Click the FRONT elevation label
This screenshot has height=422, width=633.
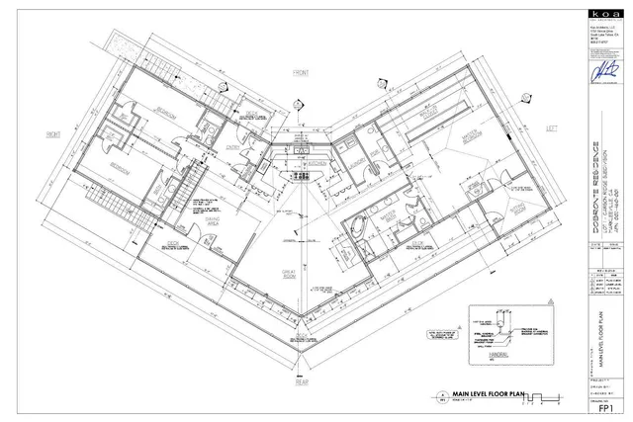301,72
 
